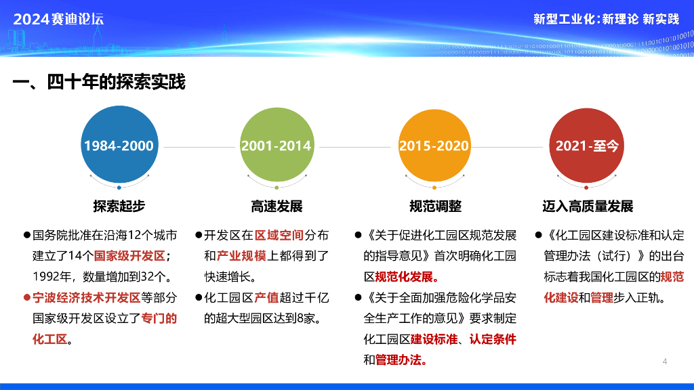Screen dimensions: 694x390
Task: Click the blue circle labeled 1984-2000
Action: point(119,145)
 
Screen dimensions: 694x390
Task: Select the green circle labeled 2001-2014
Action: point(277,145)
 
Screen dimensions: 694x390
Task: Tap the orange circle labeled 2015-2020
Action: point(434,145)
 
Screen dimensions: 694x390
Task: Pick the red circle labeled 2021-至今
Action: point(586,145)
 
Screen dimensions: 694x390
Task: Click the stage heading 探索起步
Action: point(119,206)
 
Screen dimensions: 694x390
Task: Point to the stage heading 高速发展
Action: point(277,206)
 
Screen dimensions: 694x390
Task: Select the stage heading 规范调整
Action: point(435,206)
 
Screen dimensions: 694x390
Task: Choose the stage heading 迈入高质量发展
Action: point(588,206)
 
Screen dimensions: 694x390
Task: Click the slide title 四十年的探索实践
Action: point(116,82)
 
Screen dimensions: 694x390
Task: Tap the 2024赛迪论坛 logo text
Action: point(58,19)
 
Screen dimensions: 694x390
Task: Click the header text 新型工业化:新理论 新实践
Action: point(606,19)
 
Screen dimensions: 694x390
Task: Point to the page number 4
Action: point(664,362)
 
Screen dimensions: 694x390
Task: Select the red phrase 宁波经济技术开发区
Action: point(86,298)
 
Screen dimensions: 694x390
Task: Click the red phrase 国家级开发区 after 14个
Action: point(129,255)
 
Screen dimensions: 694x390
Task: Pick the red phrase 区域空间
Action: point(279,235)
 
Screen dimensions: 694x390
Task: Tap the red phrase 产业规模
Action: point(241,255)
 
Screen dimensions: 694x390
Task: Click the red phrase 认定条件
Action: point(493,339)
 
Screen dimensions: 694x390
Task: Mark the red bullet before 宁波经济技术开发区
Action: point(27,298)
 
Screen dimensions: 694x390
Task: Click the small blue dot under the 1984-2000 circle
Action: point(119,188)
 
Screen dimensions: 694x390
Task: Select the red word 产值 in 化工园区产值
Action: point(266,298)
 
